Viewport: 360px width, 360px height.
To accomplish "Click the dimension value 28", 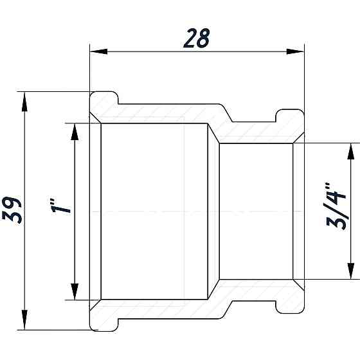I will pyautogui.click(x=196, y=39).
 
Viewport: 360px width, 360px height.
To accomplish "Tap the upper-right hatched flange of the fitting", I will pyautogui.click(x=289, y=122).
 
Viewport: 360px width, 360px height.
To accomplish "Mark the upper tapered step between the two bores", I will pyautogui.click(x=213, y=134).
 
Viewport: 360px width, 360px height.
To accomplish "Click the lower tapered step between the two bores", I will pyautogui.click(x=213, y=289).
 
